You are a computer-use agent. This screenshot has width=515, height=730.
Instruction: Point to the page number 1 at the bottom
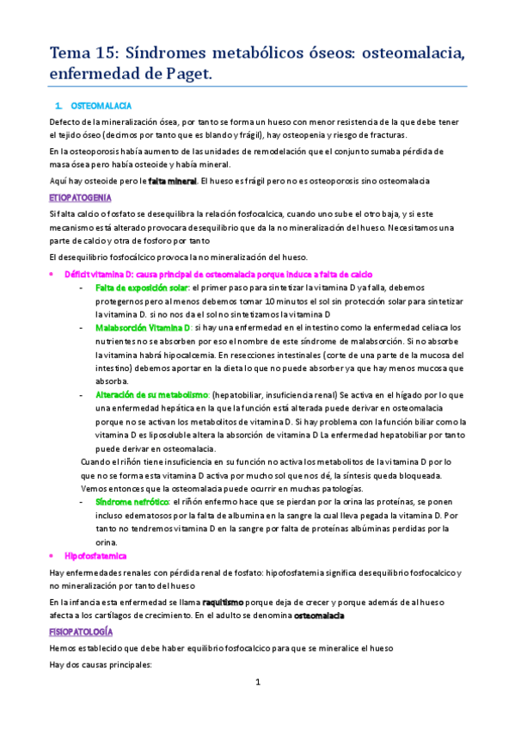click(257, 682)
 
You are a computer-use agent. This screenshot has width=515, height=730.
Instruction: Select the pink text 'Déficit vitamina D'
click(101, 273)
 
